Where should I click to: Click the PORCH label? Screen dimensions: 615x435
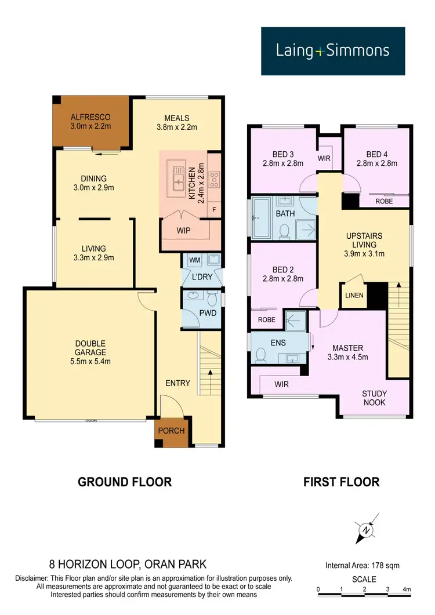tap(171, 431)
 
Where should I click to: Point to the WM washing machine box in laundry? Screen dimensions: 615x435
tap(194, 260)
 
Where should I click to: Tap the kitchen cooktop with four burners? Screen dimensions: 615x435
tap(213, 177)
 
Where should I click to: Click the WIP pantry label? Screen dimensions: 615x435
tap(183, 230)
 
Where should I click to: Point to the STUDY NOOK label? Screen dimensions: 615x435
tap(375, 398)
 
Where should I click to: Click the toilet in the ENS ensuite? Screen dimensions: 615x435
tap(260, 354)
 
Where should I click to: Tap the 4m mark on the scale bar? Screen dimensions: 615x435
tap(408, 590)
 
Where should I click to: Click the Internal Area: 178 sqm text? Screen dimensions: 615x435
tap(363, 565)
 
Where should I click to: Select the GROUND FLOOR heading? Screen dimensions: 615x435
tap(125, 482)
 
